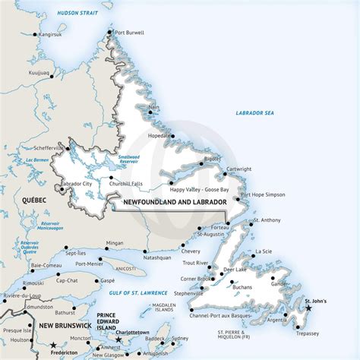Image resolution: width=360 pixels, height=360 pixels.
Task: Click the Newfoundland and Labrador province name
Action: click(171, 202)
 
